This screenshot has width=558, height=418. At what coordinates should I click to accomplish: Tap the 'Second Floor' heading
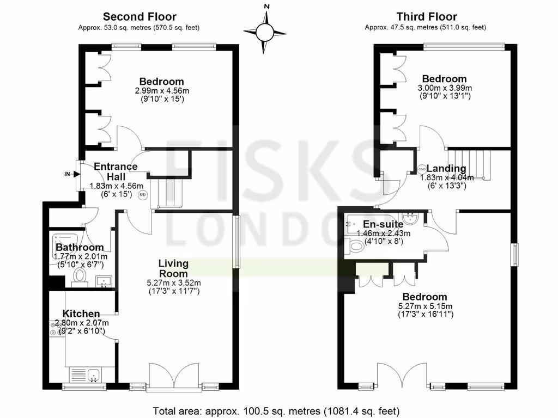(139, 17)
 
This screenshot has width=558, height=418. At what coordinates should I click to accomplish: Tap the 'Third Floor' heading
(427, 17)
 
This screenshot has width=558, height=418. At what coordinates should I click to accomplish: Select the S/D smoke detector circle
(143, 194)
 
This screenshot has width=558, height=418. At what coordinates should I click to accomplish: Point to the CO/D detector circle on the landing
(422, 168)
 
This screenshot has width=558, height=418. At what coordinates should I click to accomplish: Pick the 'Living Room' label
(173, 268)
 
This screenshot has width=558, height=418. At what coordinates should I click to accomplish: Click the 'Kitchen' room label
(81, 313)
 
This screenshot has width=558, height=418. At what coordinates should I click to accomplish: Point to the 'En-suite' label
(383, 224)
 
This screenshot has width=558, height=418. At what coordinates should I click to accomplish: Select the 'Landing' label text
(446, 169)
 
